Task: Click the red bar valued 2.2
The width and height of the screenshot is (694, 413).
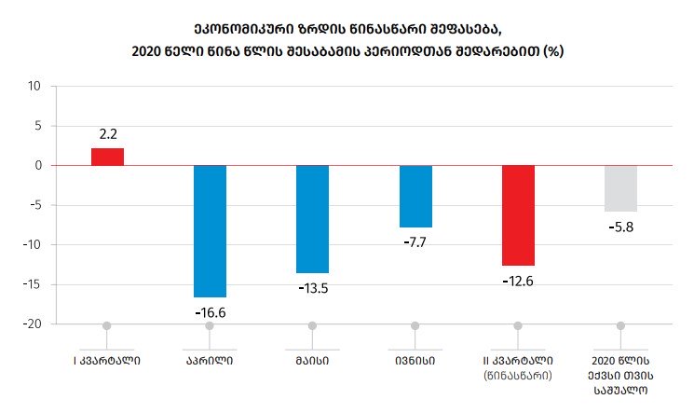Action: (107, 157)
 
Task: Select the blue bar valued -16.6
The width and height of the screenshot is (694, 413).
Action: (210, 230)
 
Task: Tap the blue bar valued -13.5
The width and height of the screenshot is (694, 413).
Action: (312, 218)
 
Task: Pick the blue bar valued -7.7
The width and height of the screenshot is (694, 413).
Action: (415, 196)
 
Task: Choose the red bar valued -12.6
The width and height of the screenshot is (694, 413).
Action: (518, 215)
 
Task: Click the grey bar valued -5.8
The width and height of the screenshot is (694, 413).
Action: (620, 188)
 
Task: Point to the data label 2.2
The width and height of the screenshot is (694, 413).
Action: (107, 134)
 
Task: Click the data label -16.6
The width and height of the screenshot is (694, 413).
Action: (210, 312)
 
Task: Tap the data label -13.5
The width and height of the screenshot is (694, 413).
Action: (312, 288)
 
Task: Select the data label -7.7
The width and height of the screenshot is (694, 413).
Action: (415, 242)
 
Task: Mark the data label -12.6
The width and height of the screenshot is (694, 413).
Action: (518, 281)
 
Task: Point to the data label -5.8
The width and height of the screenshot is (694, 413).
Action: (620, 227)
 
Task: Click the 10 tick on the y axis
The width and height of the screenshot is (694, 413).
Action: (35, 87)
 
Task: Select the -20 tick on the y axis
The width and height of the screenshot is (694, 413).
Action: (33, 324)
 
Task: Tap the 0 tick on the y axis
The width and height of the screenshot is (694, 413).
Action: (38, 166)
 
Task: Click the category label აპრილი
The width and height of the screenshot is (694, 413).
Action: (210, 360)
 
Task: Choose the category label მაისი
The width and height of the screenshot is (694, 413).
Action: (312, 360)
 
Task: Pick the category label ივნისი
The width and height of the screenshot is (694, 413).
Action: (415, 360)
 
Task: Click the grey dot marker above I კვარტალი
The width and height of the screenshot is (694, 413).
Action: (107, 325)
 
